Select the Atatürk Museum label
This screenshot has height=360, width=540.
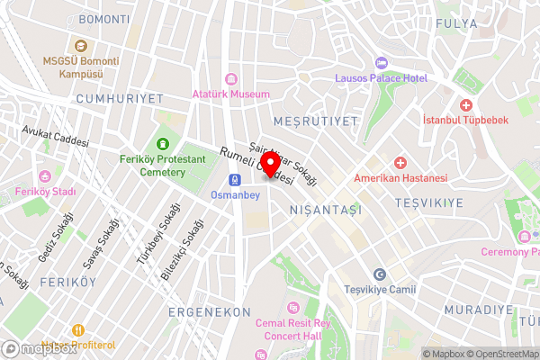pos(231,94)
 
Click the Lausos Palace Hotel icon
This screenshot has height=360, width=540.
pos(380,63)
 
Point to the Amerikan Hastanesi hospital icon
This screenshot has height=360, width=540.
pos(400,163)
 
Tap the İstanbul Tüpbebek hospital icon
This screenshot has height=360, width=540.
pos(466,105)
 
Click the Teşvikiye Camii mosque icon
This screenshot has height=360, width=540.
pos(380,274)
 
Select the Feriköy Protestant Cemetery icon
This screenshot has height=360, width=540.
pos(163,143)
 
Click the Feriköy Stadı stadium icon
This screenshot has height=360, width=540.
pos(45,176)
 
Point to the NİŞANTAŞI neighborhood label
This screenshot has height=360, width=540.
pos(325,209)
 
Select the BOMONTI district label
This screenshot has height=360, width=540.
pos(104,19)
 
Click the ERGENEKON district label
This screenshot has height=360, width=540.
pos(209,310)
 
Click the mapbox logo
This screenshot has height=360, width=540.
pos(39,348)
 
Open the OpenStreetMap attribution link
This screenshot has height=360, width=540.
pos(499,353)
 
